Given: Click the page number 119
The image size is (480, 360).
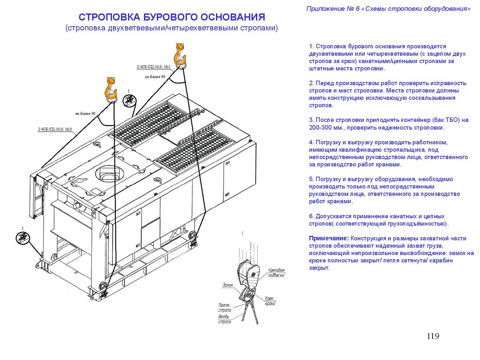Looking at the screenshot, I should tap(433, 336).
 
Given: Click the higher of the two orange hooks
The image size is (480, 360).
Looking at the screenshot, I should tap(180, 55).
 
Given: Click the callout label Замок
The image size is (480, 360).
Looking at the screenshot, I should tap(228, 285).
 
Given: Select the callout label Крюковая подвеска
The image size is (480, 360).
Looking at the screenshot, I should tap(276, 273).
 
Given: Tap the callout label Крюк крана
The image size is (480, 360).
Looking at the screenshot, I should tap(269, 300).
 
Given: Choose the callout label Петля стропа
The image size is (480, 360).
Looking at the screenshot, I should tap(225, 307).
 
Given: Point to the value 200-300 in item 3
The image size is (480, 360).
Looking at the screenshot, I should tap(320, 127).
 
